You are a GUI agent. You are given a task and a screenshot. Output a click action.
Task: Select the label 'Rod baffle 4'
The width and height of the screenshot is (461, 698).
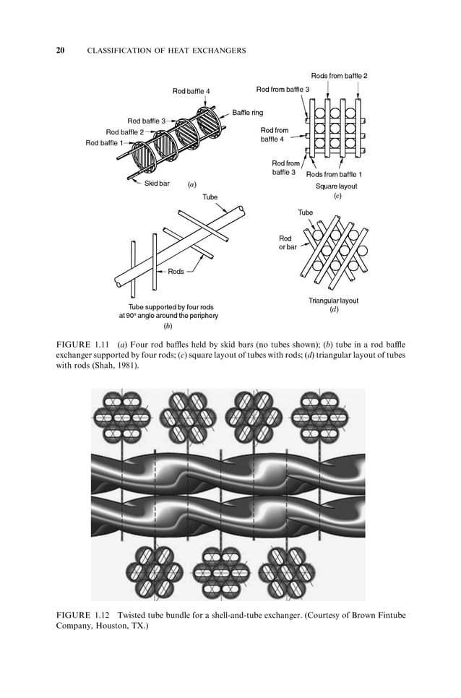coord(191,91)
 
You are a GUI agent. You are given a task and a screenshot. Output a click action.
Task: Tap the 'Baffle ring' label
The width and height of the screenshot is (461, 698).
coord(247,113)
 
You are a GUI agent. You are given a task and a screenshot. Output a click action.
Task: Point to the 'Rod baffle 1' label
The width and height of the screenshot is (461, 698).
coord(104,143)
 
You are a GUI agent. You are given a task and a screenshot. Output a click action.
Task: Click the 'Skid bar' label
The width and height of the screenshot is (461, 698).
coord(157,184)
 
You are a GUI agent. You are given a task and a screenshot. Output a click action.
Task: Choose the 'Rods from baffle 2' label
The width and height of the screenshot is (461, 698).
coord(339,76)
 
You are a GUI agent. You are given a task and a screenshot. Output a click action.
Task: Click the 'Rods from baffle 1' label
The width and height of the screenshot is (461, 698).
coord(334,175)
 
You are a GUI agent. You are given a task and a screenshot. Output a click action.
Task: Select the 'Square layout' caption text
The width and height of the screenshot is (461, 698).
coord(336,186)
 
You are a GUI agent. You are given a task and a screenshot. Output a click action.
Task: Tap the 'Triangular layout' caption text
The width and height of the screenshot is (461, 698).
coord(333,300)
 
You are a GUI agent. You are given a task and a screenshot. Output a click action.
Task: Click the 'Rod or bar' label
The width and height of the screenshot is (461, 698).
coord(287,243)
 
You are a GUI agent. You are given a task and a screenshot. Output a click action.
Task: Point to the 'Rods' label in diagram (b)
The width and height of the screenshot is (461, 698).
coord(176,272)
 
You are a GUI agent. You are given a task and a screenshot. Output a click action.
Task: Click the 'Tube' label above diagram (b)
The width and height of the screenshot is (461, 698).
coord(210,197)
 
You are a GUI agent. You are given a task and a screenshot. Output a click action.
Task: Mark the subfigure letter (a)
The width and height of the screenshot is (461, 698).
coord(191,185)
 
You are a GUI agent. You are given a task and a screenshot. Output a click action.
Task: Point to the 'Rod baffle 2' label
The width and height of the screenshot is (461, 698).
coord(124,132)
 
